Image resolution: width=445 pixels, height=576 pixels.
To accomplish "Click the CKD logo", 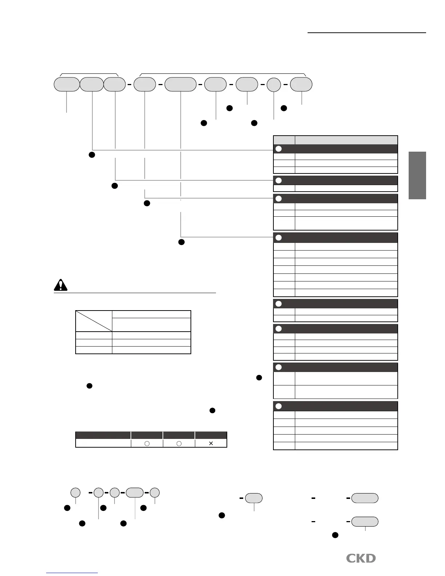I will point(361,558).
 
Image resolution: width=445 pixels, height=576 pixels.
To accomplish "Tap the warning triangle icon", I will point(61,285).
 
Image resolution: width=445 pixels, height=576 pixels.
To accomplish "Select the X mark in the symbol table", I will point(211,443).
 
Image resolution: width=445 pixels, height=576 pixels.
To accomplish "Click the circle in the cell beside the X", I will point(179,443).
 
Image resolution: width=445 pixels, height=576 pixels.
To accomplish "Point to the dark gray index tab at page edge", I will point(417,175).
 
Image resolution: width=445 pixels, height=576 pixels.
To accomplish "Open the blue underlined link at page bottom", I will point(72,573).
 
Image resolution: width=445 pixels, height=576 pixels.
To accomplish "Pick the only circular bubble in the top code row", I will point(274,85).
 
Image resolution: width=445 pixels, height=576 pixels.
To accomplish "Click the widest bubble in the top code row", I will point(180,84).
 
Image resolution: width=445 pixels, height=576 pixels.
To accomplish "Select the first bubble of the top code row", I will point(67,84).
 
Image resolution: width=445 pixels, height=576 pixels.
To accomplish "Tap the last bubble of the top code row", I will point(301,84).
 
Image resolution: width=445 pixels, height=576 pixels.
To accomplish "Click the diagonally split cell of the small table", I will point(94,321).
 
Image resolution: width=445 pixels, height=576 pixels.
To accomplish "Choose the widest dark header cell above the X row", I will point(103,435).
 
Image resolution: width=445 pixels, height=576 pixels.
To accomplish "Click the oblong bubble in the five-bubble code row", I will point(135,493).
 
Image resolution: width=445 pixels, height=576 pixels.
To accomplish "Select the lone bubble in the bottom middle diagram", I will point(254,498).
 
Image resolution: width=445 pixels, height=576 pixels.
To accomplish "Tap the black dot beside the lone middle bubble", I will point(221,515).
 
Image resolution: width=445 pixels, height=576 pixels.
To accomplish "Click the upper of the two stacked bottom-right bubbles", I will point(365,498).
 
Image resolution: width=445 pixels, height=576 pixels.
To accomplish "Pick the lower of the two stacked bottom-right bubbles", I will point(365,521).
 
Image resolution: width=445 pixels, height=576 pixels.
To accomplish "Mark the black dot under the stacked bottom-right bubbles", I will point(335,535).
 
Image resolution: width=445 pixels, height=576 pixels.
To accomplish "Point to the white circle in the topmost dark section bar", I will point(279,149).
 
